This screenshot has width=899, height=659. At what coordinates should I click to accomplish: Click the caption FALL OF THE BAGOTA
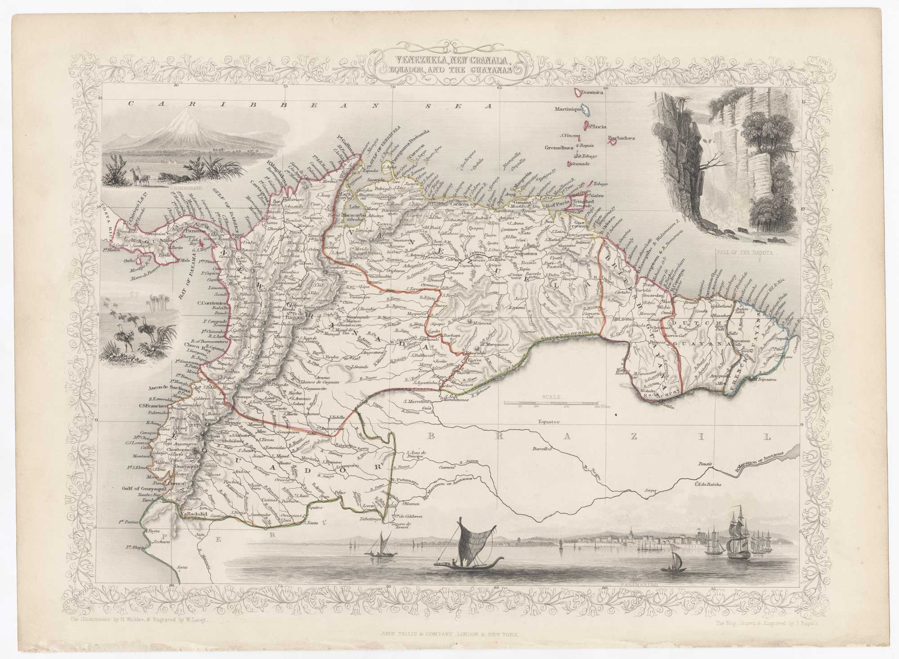click(x=745, y=252)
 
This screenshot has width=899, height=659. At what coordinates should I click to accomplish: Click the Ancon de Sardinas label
click(x=168, y=387)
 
